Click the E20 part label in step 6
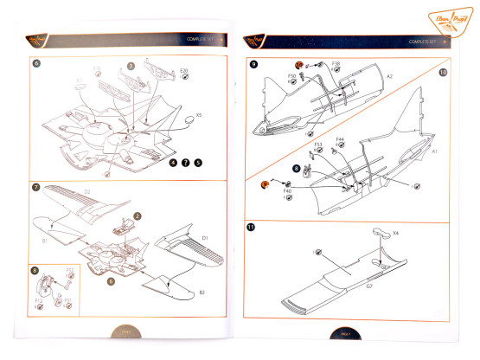pyautogui.click(x=182, y=69)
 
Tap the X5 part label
pyautogui.click(x=199, y=114)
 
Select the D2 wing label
pyautogui.click(x=87, y=191)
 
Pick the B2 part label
pyautogui.click(x=202, y=292)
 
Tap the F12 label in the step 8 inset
pyautogui.click(x=38, y=301)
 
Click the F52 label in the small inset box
pyautogui.click(x=70, y=271)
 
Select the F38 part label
pyautogui.click(x=336, y=64)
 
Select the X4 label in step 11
pyautogui.click(x=395, y=234)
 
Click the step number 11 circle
pyautogui.click(x=252, y=228)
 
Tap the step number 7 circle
pyautogui.click(x=35, y=187)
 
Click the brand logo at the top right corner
pyautogui.click(x=446, y=19)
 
